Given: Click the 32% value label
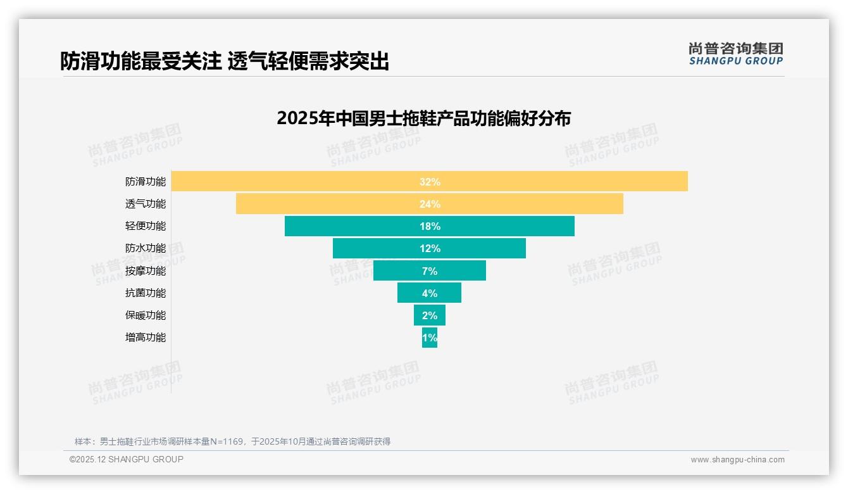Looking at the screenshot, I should pyautogui.click(x=430, y=182).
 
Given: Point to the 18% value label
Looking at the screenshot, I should pyautogui.click(x=430, y=226).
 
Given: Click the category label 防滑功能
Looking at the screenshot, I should pyautogui.click(x=146, y=182).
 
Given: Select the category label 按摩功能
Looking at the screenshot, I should pyautogui.click(x=146, y=270).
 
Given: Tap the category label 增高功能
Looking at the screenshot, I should pyautogui.click(x=146, y=338).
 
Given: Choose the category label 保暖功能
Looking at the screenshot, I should pyautogui.click(x=146, y=315).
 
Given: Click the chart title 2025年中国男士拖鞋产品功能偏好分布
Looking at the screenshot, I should pyautogui.click(x=423, y=118).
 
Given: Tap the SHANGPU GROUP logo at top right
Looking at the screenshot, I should pyautogui.click(x=735, y=54).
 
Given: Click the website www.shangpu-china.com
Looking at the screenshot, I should pyautogui.click(x=737, y=460).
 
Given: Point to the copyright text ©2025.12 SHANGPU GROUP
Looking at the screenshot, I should pyautogui.click(x=127, y=459).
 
